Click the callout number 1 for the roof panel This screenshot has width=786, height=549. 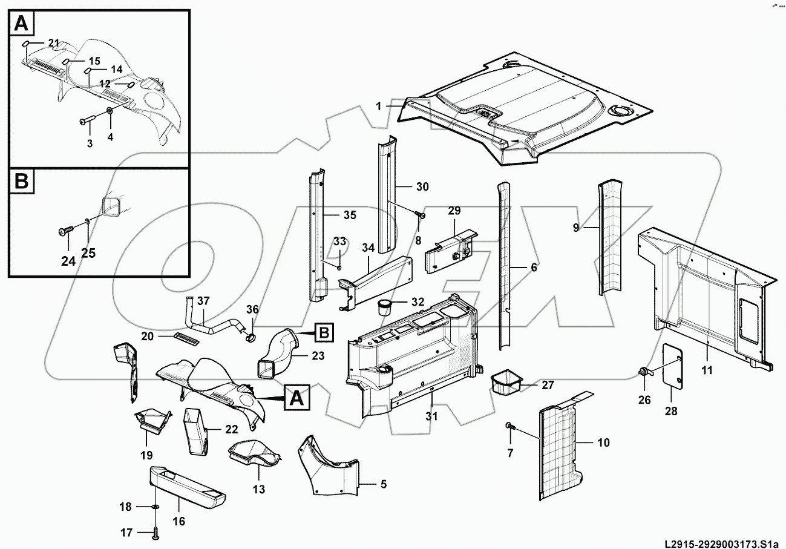[379, 107]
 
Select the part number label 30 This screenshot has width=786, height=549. [422, 187]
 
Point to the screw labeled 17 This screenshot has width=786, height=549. [156, 533]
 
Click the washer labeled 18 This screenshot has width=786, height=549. [156, 506]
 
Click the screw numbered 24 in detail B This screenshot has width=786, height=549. [65, 231]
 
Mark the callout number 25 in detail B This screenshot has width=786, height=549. [88, 253]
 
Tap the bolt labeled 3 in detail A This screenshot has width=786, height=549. [85, 121]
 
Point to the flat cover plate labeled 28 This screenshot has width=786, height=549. [673, 366]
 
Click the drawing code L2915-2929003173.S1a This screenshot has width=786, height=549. [721, 541]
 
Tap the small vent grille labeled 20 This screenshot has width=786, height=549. [186, 338]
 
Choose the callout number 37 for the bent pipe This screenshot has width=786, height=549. [203, 301]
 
